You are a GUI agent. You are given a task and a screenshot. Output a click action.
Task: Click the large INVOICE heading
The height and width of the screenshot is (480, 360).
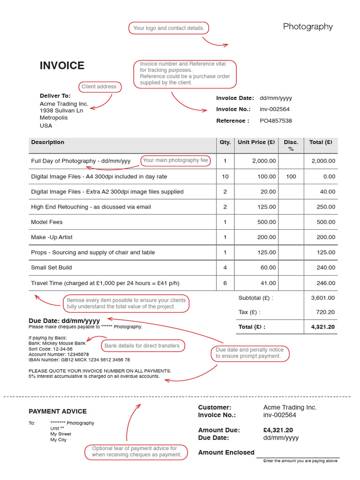pyautogui.click(x=62, y=66)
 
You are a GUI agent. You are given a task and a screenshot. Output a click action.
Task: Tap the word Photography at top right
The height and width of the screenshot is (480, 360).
pyautogui.click(x=307, y=27)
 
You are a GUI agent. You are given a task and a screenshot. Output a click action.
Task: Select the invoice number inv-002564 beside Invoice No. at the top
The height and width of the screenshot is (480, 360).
pyautogui.click(x=275, y=109)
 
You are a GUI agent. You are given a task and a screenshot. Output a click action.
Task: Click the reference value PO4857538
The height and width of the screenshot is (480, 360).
pyautogui.click(x=276, y=121)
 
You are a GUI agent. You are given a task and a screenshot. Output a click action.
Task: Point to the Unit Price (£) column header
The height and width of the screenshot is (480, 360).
pyautogui.click(x=256, y=142)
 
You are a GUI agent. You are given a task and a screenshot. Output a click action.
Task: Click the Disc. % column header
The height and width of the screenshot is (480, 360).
pyautogui.click(x=291, y=145)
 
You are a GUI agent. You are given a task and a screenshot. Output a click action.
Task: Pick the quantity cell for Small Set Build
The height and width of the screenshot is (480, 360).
pyautogui.click(x=225, y=268)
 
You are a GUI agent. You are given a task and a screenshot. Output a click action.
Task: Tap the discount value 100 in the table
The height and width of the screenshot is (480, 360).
pyautogui.click(x=291, y=177)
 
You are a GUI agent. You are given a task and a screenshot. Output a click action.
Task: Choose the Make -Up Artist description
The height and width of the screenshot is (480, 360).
pyautogui.click(x=52, y=237)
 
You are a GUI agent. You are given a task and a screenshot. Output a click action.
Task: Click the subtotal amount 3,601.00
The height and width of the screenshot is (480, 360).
pyautogui.click(x=323, y=298)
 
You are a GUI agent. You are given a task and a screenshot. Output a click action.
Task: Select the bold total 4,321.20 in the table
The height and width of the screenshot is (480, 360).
pyautogui.click(x=323, y=327)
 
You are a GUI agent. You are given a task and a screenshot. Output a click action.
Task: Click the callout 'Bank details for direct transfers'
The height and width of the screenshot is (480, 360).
pyautogui.click(x=142, y=346)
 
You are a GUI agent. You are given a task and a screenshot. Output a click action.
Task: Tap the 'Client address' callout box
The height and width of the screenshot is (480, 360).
pyautogui.click(x=99, y=87)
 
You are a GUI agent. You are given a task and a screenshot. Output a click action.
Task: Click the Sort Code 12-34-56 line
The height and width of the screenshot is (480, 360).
pyautogui.click(x=51, y=349)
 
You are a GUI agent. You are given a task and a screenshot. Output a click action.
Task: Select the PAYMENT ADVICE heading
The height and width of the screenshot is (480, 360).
pyautogui.click(x=58, y=412)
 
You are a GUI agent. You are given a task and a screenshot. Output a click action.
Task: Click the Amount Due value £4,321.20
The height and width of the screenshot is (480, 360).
pyautogui.click(x=278, y=430)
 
